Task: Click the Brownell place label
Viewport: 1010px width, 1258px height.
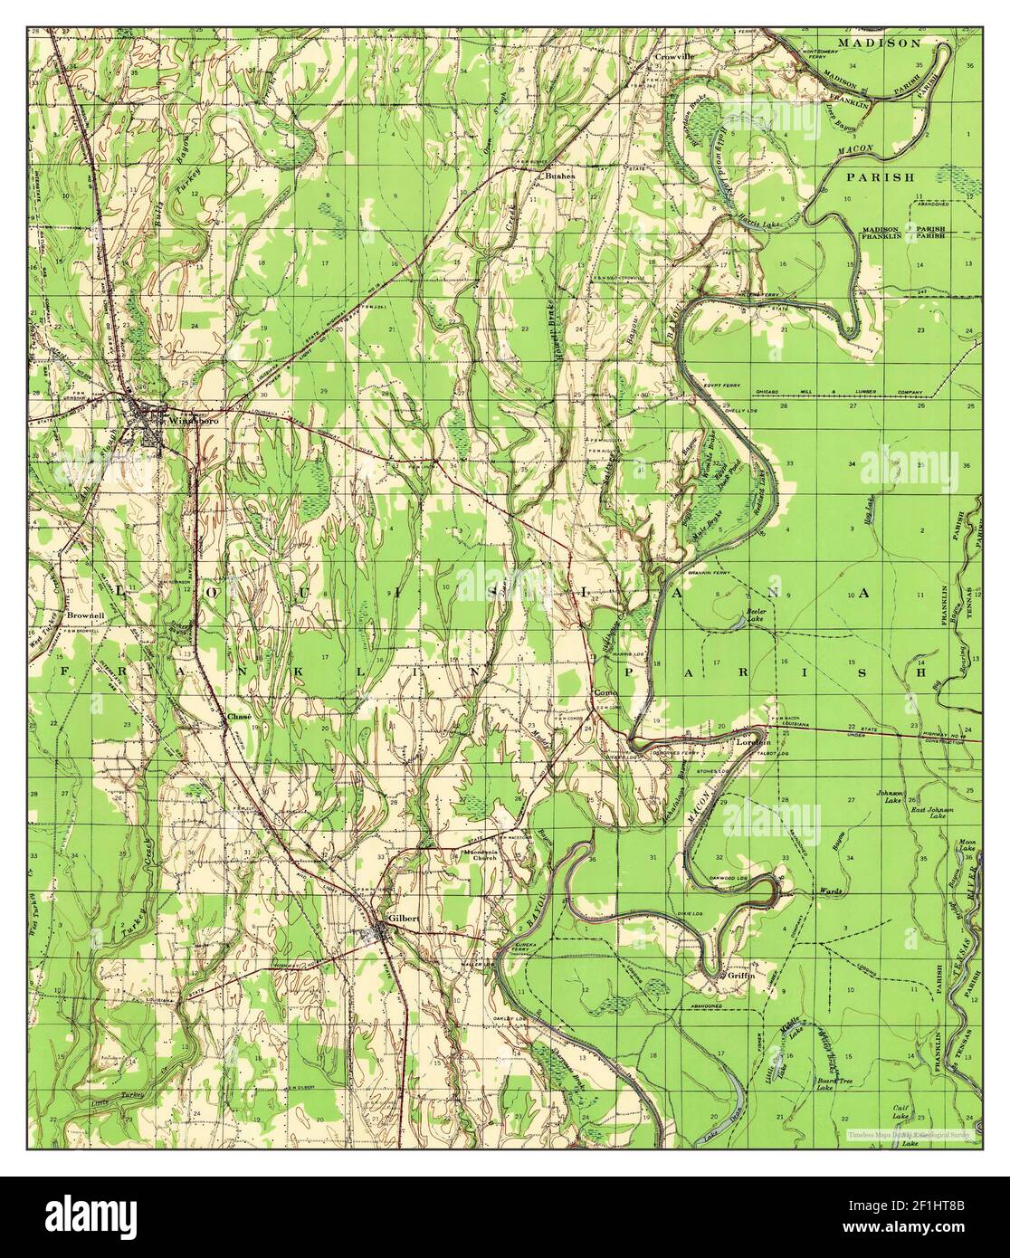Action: point(85,615)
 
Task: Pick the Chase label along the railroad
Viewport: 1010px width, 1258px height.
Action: point(238,716)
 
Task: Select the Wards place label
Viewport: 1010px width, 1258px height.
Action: point(831,891)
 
